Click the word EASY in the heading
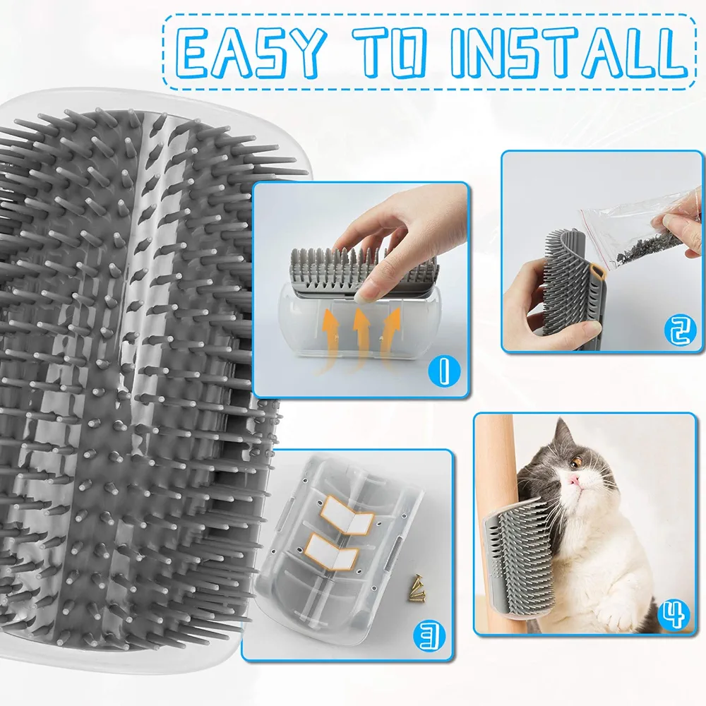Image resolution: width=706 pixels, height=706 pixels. pos(251,52)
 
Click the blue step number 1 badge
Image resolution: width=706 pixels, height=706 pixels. pos(444,370)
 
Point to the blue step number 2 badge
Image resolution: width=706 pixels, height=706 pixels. pos(681,330)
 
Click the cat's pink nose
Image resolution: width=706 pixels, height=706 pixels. pos(573,481)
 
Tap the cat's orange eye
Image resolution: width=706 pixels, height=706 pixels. pos(576,462)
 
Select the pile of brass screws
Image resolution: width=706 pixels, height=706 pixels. pos(417,587)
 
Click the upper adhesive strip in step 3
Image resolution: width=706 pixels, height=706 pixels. pos(347,515)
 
